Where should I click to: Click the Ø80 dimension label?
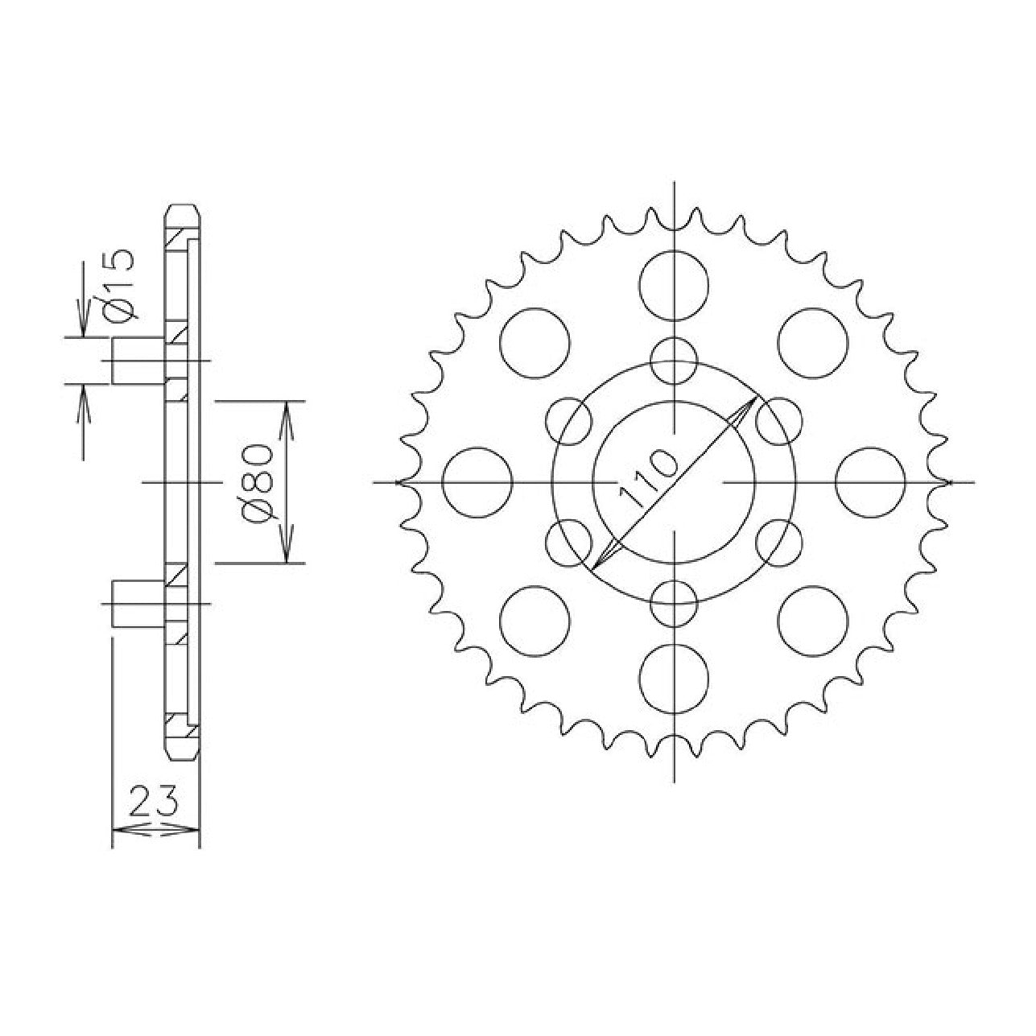pyautogui.click(x=259, y=483)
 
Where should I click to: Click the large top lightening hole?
pyautogui.click(x=674, y=286)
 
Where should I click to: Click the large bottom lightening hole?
pyautogui.click(x=674, y=679)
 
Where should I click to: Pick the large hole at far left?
pyautogui.click(x=477, y=482)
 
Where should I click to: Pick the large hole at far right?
pyautogui.click(x=870, y=482)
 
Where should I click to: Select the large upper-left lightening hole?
pyautogui.click(x=535, y=343)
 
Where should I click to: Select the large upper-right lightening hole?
pyautogui.click(x=813, y=343)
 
